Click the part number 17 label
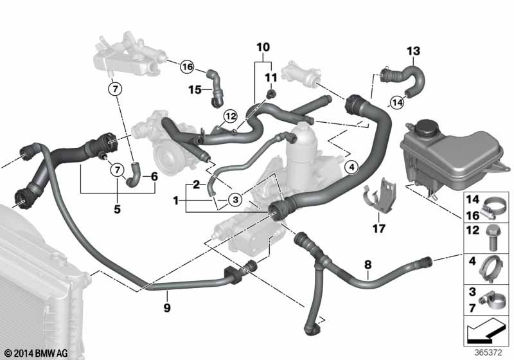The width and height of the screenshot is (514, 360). click(378, 228)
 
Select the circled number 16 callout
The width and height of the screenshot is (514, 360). click(188, 67)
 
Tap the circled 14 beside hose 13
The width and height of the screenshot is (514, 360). click(397, 103)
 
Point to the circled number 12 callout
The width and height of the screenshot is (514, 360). click(230, 116)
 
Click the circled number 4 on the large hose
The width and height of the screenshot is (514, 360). click(351, 167)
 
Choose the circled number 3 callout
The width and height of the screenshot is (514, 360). click(235, 199)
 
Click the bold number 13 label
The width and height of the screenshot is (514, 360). click(413, 51)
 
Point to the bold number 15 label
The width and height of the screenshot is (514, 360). click(195, 89)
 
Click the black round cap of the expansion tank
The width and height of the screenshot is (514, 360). click(425, 126)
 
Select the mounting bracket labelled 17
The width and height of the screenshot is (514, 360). click(380, 196)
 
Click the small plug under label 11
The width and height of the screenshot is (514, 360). click(270, 94)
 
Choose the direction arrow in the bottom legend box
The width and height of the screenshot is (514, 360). click(484, 331)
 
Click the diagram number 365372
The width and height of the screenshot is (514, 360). click(488, 353)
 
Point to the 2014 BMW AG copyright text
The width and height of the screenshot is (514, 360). click(37, 353)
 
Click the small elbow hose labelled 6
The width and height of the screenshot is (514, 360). click(134, 175)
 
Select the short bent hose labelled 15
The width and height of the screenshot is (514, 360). click(215, 89)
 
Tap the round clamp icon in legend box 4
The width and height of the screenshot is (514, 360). click(491, 269)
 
